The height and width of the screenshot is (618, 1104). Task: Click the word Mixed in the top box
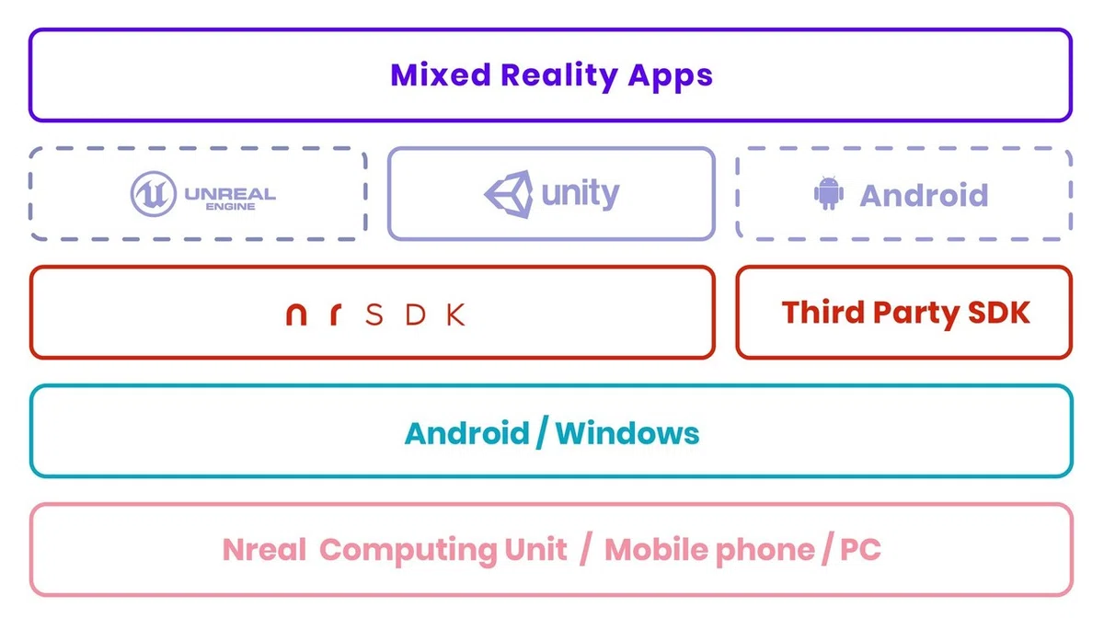440,74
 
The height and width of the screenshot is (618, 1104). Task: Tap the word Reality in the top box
559,76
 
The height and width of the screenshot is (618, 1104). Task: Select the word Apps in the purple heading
671,77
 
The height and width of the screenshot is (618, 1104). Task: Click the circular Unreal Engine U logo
154,194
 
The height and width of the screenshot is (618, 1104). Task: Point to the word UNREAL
230,194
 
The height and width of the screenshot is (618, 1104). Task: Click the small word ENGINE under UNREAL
230,207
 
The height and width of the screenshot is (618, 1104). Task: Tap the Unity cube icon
509,194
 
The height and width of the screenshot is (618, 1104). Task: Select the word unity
581,194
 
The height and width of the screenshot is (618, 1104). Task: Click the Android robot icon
829,193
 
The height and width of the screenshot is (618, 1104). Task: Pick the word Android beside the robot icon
924,195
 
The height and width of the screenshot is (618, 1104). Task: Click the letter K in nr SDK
456,315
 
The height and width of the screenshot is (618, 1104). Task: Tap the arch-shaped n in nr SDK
296,315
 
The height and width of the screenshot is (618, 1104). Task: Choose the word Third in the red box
822,313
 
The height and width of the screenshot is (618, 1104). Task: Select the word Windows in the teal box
627,434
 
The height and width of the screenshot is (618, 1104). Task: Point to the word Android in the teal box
466,434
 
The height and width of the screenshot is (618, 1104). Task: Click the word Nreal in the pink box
264,550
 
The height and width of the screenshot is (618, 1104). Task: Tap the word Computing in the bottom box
408,551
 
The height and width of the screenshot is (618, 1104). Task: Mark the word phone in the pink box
765,551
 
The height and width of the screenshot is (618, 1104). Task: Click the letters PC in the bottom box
860,550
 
